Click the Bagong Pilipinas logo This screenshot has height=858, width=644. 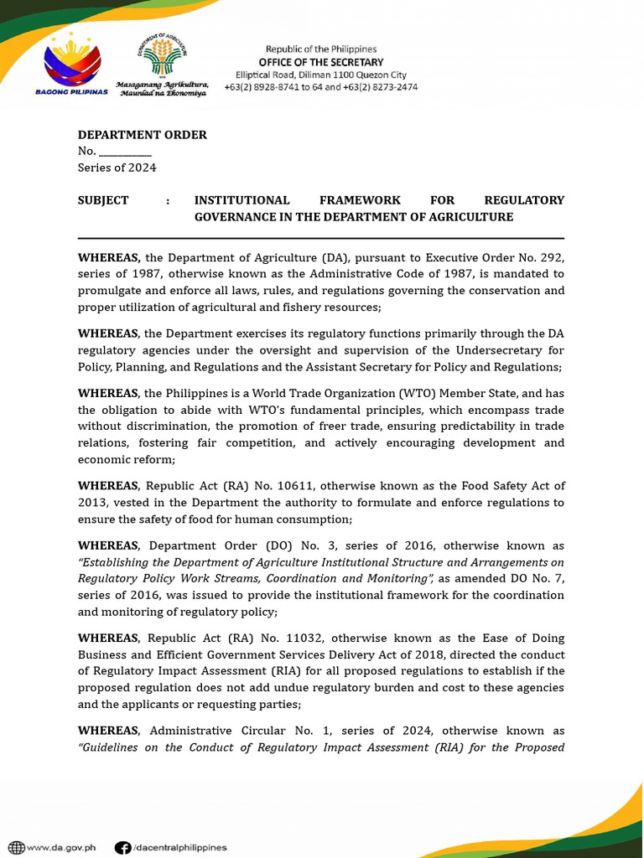click(72, 63)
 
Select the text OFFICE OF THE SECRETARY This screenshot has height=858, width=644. click(320, 62)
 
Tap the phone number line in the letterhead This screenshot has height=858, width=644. click(320, 87)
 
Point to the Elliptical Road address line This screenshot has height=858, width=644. click(320, 75)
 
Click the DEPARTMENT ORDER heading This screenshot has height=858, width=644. click(142, 135)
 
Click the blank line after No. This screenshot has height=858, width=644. click(125, 152)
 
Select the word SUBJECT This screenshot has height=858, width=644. click(103, 200)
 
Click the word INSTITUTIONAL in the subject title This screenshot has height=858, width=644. click(241, 200)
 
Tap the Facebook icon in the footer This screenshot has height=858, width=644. click(122, 847)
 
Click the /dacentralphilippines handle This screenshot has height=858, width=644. click(179, 847)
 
